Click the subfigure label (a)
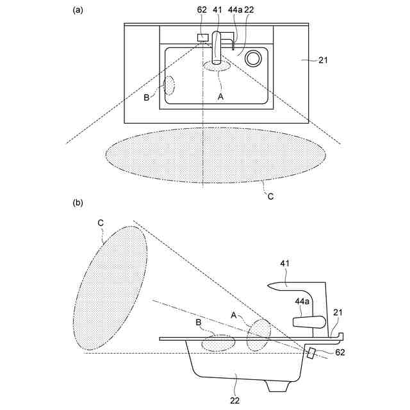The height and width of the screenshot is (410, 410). [x=78, y=10]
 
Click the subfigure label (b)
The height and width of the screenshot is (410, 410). [x=78, y=203]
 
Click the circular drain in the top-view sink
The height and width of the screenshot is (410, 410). [x=253, y=58]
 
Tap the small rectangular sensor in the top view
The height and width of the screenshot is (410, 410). [x=203, y=37]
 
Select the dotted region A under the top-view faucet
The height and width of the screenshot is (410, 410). [x=217, y=64]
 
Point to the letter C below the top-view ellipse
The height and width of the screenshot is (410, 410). [x=270, y=197]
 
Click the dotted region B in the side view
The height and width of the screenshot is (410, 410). [x=218, y=342]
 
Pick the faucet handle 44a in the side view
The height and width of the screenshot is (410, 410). [x=308, y=321]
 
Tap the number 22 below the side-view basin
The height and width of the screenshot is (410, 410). [x=236, y=400]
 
